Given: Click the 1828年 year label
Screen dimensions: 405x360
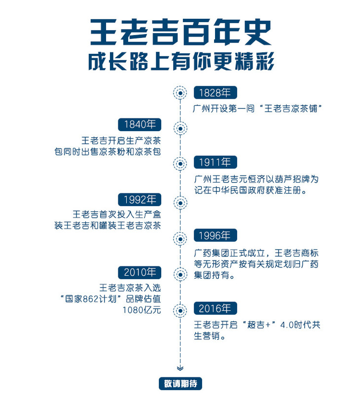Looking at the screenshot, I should (x=216, y=92).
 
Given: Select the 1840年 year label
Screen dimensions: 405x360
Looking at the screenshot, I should (x=140, y=124).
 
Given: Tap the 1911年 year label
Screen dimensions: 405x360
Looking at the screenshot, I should (x=216, y=162).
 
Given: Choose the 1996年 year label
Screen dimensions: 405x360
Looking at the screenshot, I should (x=216, y=235).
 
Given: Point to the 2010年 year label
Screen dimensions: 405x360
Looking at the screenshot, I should (x=140, y=272).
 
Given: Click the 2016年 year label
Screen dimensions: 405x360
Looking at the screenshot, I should (x=216, y=309).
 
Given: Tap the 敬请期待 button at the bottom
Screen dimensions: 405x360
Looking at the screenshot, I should (x=180, y=383).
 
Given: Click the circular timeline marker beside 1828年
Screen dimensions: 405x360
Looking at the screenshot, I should (x=180, y=92).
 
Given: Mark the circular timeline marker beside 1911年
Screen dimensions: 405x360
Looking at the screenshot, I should (x=180, y=163).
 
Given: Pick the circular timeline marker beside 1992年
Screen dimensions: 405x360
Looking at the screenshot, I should (x=180, y=202).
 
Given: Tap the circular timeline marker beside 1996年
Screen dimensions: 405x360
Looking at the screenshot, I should (x=180, y=238).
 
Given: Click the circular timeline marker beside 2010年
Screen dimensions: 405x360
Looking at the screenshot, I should (x=180, y=274).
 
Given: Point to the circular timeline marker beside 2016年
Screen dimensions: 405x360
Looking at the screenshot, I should (x=180, y=310).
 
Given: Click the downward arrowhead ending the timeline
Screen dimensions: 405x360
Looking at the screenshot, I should (x=180, y=368).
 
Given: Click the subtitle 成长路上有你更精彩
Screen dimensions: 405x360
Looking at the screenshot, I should (x=180, y=63).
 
